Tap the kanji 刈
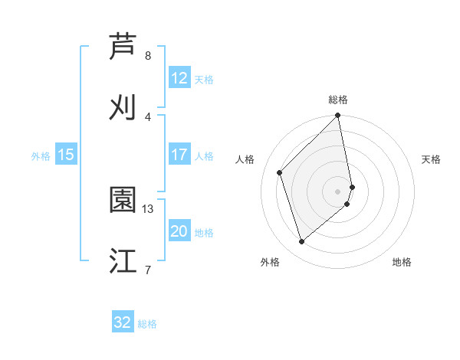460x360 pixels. click(x=123, y=107)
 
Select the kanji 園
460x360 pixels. click(x=123, y=201)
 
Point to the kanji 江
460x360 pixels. click(x=123, y=260)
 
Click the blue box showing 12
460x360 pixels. click(x=179, y=78)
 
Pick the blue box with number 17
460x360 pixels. click(x=179, y=155)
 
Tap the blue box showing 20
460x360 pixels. click(x=179, y=231)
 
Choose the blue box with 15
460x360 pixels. click(x=66, y=155)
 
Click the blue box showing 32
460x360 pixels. click(x=123, y=322)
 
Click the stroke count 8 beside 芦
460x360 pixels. click(x=148, y=56)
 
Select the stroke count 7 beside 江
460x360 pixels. click(x=148, y=270)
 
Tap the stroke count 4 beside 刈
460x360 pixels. click(x=148, y=116)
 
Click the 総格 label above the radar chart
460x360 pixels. click(x=338, y=100)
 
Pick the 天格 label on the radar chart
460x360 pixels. click(x=431, y=159)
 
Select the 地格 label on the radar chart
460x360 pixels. click(x=402, y=263)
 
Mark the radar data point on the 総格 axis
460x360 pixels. click(x=338, y=116)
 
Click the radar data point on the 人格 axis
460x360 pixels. click(x=280, y=172)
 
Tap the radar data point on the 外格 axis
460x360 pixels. click(x=302, y=242)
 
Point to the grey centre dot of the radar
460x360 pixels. click(x=338, y=191)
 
